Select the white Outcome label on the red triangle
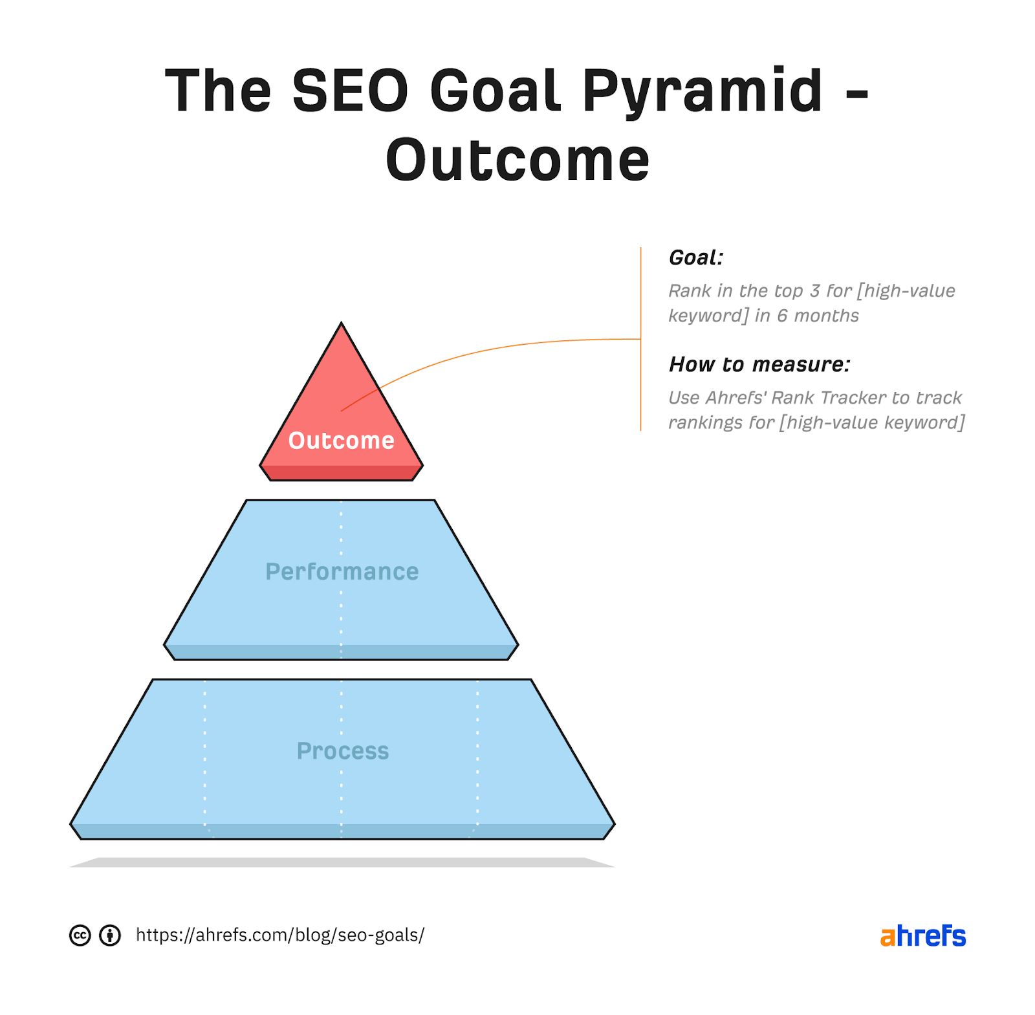[341, 441]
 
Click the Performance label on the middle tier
[342, 572]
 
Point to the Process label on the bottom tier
[342, 751]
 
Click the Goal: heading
[695, 257]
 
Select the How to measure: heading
[759, 364]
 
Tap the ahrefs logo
[922, 935]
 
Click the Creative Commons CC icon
[80, 935]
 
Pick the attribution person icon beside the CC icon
[110, 935]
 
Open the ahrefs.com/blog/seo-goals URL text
[280, 935]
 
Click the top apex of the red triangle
[341, 323]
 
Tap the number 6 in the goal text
[782, 316]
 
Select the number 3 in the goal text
[814, 291]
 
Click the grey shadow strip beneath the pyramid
[342, 862]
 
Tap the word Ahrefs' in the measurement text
[735, 397]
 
